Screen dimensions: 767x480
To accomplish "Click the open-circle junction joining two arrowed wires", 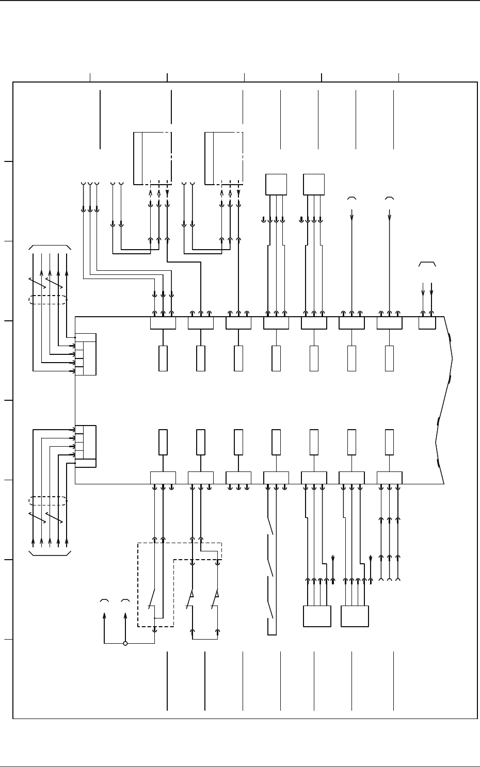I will click(125, 643).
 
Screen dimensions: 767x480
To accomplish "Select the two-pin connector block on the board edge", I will click(427, 323).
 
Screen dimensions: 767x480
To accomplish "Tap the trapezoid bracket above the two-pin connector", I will click(427, 264).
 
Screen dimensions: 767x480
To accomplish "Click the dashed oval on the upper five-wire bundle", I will click(47, 300).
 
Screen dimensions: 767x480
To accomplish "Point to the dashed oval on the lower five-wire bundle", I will click(47, 501).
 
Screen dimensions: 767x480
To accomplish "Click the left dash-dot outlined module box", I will click(152, 158).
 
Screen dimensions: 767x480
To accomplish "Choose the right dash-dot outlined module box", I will click(223, 158).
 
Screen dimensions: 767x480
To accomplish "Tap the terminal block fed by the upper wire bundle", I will click(86, 354).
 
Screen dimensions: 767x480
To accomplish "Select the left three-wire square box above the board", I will click(276, 185).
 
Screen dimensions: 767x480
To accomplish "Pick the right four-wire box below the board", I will click(355, 616).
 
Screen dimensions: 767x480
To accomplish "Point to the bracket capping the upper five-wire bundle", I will click(50, 248).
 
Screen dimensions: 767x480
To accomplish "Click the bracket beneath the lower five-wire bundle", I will click(50, 553).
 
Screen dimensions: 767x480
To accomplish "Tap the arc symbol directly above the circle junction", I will click(125, 601).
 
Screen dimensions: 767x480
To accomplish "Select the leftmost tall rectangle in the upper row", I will click(163, 358).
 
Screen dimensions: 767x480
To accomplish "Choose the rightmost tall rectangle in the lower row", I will click(389, 442).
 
